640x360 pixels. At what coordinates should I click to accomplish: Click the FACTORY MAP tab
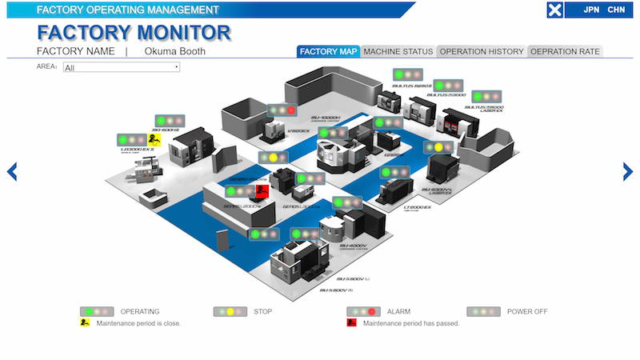[328, 52]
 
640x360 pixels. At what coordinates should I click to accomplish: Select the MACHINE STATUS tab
[397, 52]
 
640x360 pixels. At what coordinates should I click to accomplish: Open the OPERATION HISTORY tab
[481, 52]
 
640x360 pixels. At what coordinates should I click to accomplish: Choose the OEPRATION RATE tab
[565, 52]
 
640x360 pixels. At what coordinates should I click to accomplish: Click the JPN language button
[591, 10]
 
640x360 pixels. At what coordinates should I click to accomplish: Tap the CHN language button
[616, 10]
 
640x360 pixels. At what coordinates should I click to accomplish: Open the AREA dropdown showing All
[122, 67]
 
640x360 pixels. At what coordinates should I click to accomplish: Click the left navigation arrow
[12, 171]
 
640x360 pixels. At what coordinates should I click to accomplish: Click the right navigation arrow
[628, 171]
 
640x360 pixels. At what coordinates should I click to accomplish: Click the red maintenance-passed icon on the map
[261, 190]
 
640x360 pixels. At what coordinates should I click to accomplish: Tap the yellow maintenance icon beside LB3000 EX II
[154, 141]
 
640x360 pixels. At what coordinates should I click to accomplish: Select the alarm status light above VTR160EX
[282, 110]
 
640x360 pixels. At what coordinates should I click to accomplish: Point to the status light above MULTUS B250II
[407, 74]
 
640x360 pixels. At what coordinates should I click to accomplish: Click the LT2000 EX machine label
[418, 207]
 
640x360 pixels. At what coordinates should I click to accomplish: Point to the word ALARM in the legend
[399, 311]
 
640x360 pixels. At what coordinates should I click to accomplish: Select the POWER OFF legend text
[527, 311]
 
